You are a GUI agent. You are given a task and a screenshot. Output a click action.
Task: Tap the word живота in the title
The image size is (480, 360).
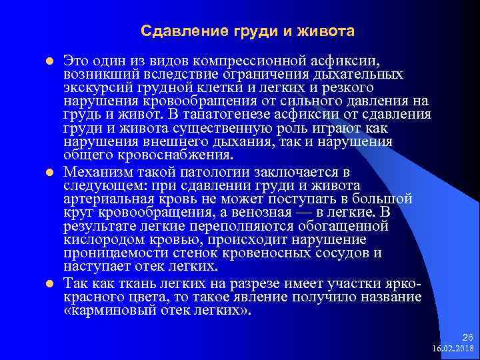tap(330, 31)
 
